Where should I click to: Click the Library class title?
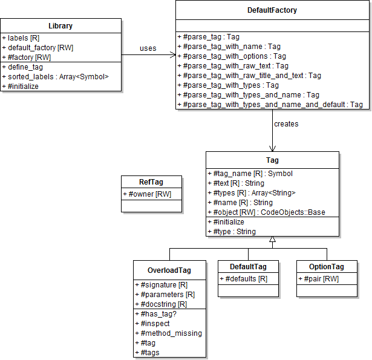point(60,25)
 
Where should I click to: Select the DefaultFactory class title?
point(272,10)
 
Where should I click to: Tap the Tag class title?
point(272,160)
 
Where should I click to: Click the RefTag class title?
point(151,182)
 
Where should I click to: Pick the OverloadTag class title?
point(169,270)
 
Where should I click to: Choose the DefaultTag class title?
point(248,267)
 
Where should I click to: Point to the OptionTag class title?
point(327,267)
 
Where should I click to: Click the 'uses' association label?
point(148,48)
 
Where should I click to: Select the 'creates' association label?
point(286,124)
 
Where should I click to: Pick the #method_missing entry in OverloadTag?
point(171,333)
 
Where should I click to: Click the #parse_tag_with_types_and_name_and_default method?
point(270,105)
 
